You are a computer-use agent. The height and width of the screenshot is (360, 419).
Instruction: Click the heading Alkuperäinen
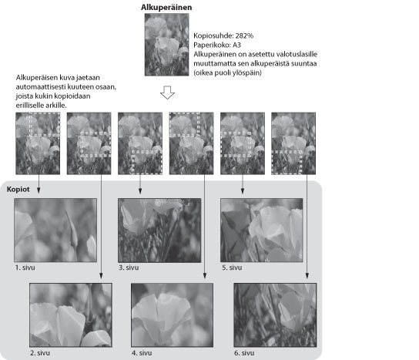pos(166,7)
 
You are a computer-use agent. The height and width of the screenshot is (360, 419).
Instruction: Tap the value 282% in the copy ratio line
pos(244,35)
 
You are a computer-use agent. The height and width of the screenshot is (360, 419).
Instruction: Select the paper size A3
pos(236,45)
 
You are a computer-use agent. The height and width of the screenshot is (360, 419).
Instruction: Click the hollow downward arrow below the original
pos(168,93)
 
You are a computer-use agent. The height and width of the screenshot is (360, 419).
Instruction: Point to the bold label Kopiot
pos(18,189)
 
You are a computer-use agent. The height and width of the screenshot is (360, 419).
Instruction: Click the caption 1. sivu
pos(25,267)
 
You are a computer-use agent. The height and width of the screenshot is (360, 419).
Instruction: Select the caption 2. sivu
pos(40,353)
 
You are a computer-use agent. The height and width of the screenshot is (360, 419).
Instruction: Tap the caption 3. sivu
pos(129,267)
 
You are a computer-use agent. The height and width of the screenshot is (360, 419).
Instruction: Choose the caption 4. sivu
pos(142,353)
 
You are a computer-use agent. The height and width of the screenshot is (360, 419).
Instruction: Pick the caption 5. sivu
pos(232,267)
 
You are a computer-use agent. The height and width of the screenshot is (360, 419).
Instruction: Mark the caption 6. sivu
pos(244,353)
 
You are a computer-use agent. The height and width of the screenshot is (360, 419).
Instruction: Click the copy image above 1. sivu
pos(55,230)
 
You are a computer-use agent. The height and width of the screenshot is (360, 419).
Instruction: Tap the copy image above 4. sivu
pos(172,315)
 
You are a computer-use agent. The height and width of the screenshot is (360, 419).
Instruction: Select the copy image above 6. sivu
pos(275,315)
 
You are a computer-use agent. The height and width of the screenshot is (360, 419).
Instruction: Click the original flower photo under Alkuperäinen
pos(166,45)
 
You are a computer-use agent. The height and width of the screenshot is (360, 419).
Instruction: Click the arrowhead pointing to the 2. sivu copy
pos(101,276)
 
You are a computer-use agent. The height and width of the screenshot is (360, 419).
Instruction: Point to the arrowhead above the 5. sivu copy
pos(243,190)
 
